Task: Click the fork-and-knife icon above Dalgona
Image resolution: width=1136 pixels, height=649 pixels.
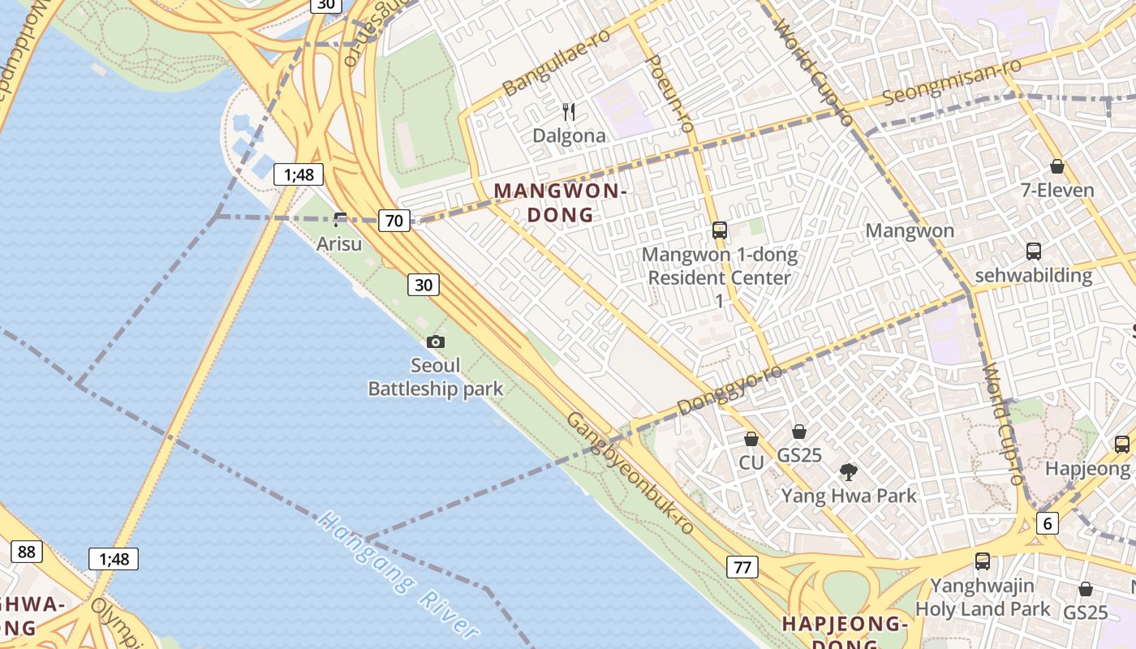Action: pyautogui.click(x=569, y=111)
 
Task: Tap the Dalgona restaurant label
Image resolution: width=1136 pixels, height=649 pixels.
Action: pyautogui.click(x=569, y=135)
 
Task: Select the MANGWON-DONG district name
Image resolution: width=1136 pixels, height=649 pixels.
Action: pyautogui.click(x=561, y=203)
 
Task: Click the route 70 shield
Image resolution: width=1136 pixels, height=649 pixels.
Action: pyautogui.click(x=394, y=220)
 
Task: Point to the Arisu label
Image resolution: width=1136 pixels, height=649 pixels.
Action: pyautogui.click(x=339, y=243)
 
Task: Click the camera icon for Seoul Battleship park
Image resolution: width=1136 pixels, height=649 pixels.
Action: pyautogui.click(x=436, y=342)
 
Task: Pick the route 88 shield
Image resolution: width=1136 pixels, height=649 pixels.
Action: pyautogui.click(x=26, y=552)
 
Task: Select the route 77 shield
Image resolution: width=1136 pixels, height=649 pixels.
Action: pyautogui.click(x=742, y=566)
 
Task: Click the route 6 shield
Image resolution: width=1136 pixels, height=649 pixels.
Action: pyautogui.click(x=1048, y=523)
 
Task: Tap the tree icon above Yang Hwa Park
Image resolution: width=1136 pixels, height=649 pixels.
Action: pyautogui.click(x=849, y=471)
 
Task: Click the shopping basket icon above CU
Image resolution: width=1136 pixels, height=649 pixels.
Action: pyautogui.click(x=751, y=439)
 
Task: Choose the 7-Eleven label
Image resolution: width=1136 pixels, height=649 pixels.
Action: pyautogui.click(x=1057, y=191)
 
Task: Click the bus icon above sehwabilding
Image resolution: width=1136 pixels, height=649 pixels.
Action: pyautogui.click(x=1033, y=251)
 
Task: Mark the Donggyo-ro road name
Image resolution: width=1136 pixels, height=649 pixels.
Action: pyautogui.click(x=729, y=389)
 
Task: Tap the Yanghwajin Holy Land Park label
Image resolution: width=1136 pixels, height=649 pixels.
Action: pyautogui.click(x=983, y=597)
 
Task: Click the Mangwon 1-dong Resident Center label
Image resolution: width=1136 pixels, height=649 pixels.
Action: pyautogui.click(x=719, y=267)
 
